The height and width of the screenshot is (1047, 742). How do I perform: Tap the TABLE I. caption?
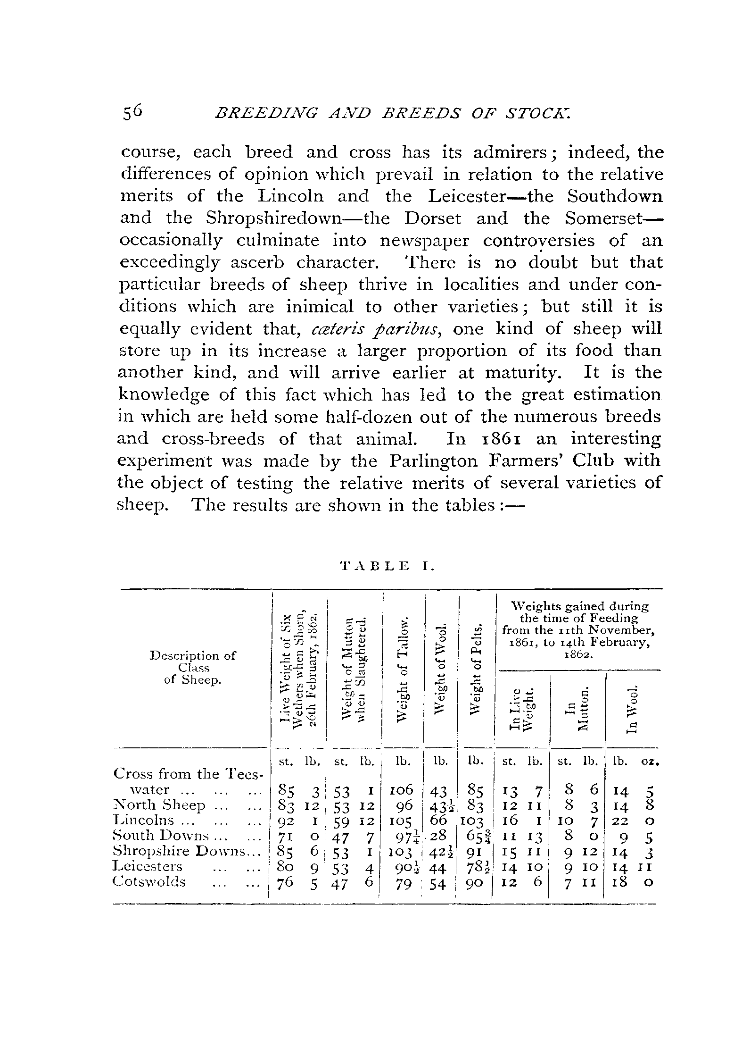387,565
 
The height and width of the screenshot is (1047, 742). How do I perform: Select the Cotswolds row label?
150,881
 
